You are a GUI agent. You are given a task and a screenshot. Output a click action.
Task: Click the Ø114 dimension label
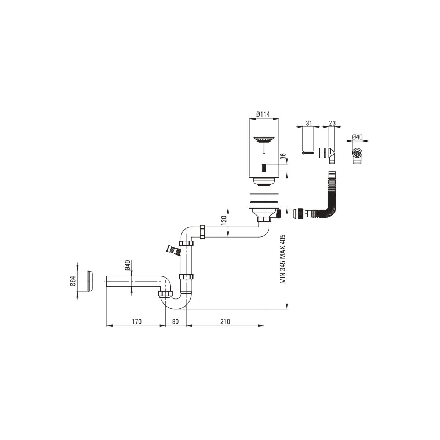point(263,114)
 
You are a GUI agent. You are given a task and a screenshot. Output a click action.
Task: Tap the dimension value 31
point(309,123)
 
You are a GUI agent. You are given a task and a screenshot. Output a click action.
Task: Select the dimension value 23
point(332,123)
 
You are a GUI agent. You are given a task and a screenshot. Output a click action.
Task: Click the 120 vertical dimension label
point(224,220)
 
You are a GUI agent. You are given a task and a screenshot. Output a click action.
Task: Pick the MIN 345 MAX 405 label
point(283,259)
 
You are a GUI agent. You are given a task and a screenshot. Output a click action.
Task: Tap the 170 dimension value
point(136,322)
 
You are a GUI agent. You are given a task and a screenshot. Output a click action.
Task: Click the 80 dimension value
point(175,322)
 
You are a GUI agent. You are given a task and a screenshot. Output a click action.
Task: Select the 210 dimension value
point(225,322)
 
